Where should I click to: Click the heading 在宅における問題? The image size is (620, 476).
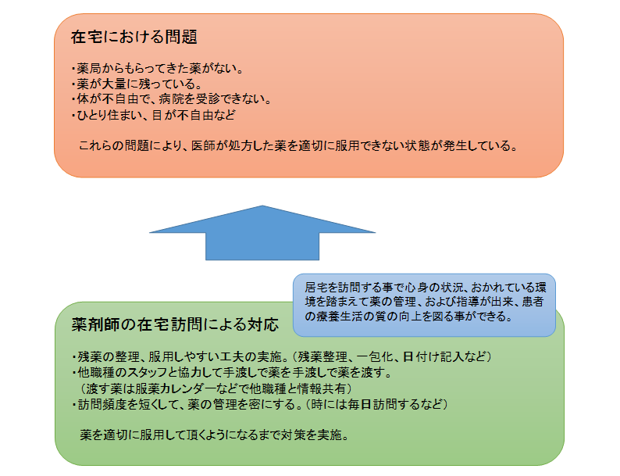(134, 37)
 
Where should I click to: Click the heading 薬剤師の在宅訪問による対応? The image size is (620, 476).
(175, 324)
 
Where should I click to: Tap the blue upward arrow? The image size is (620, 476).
(262, 233)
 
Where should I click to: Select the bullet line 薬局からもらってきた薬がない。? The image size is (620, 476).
(158, 69)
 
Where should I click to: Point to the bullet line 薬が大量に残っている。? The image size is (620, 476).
(137, 84)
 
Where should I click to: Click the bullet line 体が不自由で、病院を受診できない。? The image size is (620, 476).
(172, 99)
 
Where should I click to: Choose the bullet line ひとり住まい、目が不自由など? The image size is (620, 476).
(153, 115)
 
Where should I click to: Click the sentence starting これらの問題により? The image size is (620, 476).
(298, 145)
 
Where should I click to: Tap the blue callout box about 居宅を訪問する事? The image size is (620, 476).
(424, 305)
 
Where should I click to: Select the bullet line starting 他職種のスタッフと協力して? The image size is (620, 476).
(232, 372)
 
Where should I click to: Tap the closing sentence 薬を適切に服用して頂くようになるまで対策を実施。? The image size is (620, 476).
(215, 435)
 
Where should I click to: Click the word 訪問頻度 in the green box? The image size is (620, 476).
(102, 404)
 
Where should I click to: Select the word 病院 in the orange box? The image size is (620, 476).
(171, 99)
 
